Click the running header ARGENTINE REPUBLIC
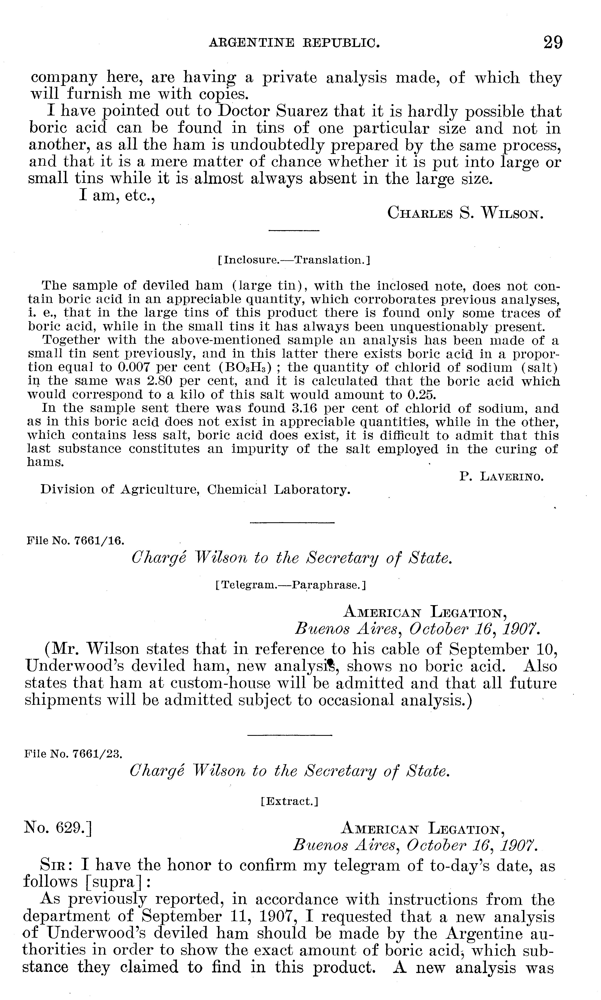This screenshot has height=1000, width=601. (x=294, y=43)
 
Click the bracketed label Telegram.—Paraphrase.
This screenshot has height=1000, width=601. (x=291, y=585)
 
